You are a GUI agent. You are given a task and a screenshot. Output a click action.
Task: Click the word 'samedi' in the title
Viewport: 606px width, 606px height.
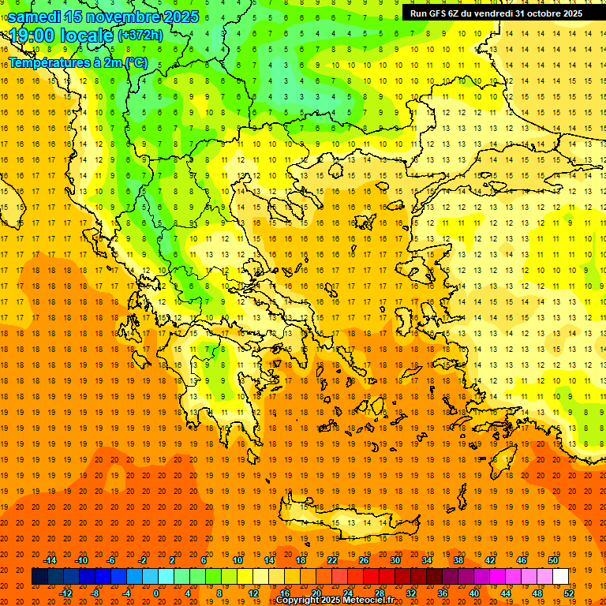tap(34, 17)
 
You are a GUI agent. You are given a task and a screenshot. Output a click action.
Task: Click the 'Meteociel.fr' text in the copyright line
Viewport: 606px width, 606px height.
tap(368, 600)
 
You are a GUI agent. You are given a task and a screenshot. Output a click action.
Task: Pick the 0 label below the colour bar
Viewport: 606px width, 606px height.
tap(156, 593)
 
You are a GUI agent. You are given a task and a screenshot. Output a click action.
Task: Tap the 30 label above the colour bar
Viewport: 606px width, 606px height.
tap(395, 560)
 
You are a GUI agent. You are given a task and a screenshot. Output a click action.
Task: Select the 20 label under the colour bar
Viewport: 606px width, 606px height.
tap(316, 593)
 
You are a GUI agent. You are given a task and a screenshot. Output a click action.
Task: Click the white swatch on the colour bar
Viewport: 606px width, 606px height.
tap(560, 577)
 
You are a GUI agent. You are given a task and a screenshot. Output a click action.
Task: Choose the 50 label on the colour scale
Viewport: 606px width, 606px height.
tap(552, 560)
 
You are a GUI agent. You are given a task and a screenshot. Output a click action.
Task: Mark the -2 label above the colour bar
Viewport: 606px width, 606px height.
tap(142, 560)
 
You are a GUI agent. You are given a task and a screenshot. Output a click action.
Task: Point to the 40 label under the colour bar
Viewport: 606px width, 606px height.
tap(474, 593)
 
